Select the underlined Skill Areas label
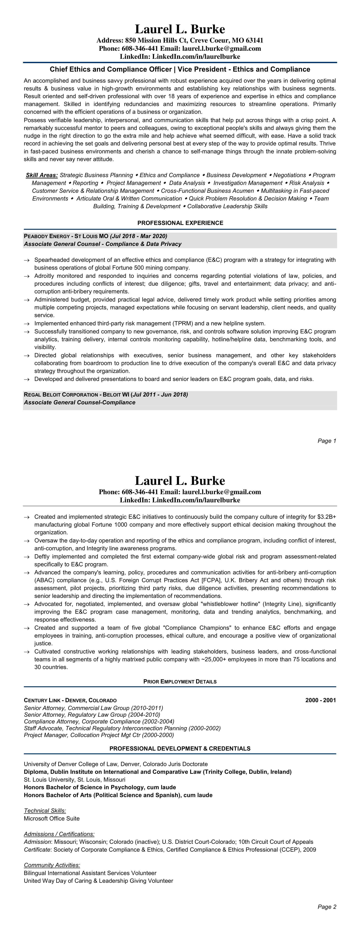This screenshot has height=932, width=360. pyautogui.click(x=42, y=175)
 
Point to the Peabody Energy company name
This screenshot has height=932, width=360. pyautogui.click(x=47, y=236)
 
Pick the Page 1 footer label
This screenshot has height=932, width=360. pyautogui.click(x=327, y=441)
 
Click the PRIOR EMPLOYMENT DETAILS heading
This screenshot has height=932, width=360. pyautogui.click(x=180, y=682)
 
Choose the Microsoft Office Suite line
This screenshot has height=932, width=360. pyautogui.click(x=51, y=818)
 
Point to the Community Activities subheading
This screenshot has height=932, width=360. pyautogui.click(x=52, y=865)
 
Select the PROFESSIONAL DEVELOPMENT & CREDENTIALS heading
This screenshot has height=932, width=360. pyautogui.click(x=180, y=749)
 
